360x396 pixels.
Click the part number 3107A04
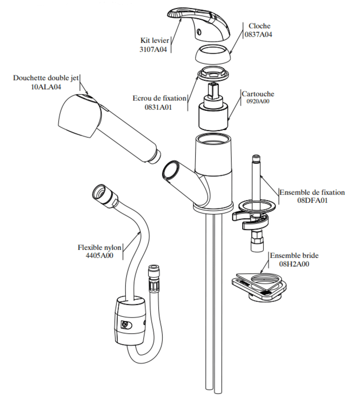[x=153, y=49]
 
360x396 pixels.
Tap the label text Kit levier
[x=155, y=41]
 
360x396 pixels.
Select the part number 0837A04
[x=258, y=35]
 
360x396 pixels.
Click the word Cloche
[x=259, y=26]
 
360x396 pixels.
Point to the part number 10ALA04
[x=46, y=87]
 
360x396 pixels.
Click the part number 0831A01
[x=158, y=107]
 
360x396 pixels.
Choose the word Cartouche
[x=258, y=94]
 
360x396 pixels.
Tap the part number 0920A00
[x=258, y=101]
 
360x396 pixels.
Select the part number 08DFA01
[x=313, y=201]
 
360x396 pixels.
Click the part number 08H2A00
[x=294, y=264]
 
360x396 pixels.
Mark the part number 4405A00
[x=99, y=255]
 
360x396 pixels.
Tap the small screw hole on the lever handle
[x=200, y=32]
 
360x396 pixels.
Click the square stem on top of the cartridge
[x=213, y=90]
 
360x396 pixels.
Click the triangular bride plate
[x=259, y=284]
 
